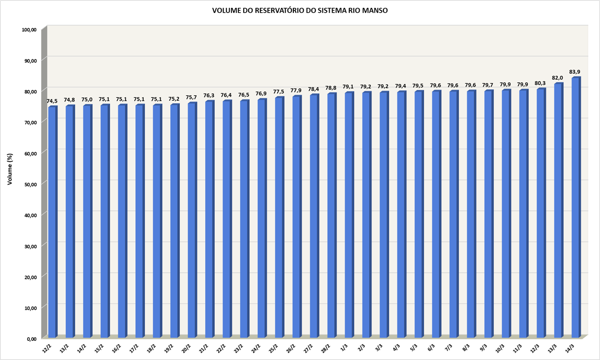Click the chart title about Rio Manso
[300, 10]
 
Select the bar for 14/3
[575, 207]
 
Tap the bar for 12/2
[52, 221]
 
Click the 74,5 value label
[52, 101]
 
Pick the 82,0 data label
[558, 78]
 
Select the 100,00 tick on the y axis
[29, 30]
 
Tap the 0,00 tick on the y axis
[31, 338]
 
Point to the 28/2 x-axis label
[325, 348]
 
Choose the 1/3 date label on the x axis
[344, 348]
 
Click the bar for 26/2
[296, 216]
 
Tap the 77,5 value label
[279, 91]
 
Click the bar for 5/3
[418, 214]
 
